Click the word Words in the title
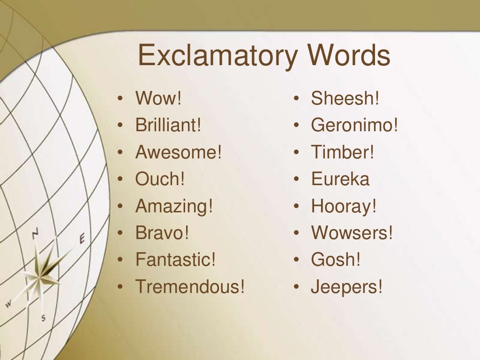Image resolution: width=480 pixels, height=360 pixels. pos(349,55)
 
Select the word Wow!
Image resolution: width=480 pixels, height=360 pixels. pos(158,99)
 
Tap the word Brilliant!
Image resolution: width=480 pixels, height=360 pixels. pos(168,126)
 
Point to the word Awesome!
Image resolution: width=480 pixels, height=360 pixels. pos(178,152)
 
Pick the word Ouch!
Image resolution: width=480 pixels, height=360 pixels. pos(160,179)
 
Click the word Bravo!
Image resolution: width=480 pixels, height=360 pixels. pos(162,233)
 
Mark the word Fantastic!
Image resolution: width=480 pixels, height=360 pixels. pos(176,260)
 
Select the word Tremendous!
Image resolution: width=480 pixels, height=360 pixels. pos(190,286)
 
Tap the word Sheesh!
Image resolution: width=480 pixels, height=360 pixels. pos(345,99)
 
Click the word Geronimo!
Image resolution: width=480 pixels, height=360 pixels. pos(354,126)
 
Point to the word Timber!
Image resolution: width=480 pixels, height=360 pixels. pos(343,152)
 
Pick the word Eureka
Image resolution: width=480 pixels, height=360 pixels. pos(340,179)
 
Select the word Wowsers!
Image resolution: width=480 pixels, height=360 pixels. pos(352,233)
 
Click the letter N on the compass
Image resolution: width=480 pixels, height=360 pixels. pos(36,233)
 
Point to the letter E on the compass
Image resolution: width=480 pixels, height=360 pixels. pos(82,239)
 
